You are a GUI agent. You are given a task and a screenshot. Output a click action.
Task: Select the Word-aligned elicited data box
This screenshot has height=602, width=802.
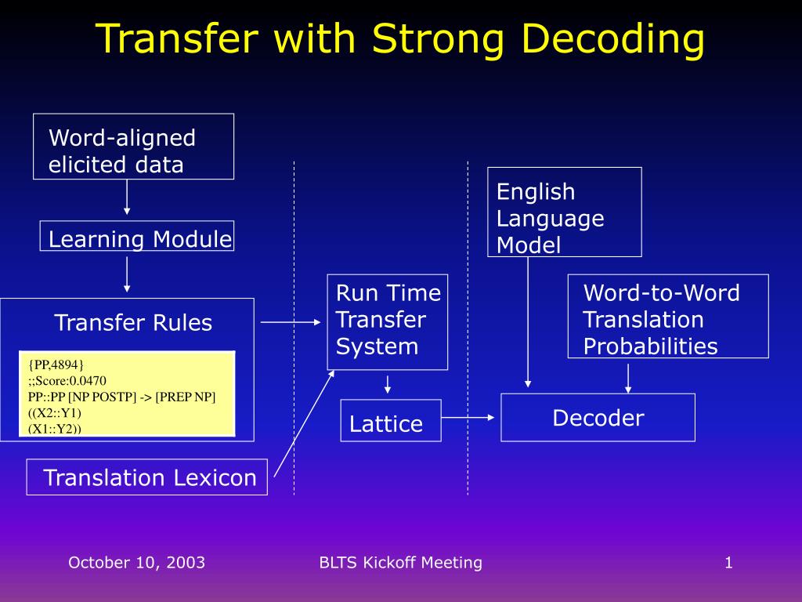[133, 147]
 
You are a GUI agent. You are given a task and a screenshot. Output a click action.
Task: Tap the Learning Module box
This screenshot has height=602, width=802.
[137, 236]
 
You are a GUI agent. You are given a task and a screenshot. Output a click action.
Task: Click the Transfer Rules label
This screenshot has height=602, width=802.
[133, 323]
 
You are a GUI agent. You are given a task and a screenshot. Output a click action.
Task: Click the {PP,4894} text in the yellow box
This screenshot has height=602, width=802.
[56, 365]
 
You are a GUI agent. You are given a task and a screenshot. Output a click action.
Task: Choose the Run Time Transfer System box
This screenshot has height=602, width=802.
[388, 321]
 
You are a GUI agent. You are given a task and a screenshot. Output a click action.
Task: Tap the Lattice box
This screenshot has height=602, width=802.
[391, 421]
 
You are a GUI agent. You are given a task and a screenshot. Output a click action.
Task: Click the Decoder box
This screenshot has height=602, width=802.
[598, 418]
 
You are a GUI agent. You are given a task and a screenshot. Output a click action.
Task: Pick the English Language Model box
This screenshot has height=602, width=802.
[564, 212]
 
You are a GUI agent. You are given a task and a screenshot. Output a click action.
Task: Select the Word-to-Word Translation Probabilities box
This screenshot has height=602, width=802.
[668, 316]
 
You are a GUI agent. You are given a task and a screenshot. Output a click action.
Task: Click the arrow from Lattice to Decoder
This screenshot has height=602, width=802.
[470, 418]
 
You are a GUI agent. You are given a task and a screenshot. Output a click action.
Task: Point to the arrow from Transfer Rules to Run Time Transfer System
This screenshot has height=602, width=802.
[290, 322]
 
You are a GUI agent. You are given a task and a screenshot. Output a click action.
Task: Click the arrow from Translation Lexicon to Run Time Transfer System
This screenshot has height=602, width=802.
[304, 423]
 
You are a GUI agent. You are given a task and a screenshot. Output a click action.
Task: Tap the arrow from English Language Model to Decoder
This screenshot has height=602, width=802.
[528, 321]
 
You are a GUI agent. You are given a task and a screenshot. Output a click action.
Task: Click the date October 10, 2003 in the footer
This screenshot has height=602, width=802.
[136, 563]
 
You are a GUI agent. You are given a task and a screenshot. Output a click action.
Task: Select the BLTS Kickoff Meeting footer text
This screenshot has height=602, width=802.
[400, 563]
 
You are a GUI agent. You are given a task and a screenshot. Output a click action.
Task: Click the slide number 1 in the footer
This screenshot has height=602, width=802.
[728, 563]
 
